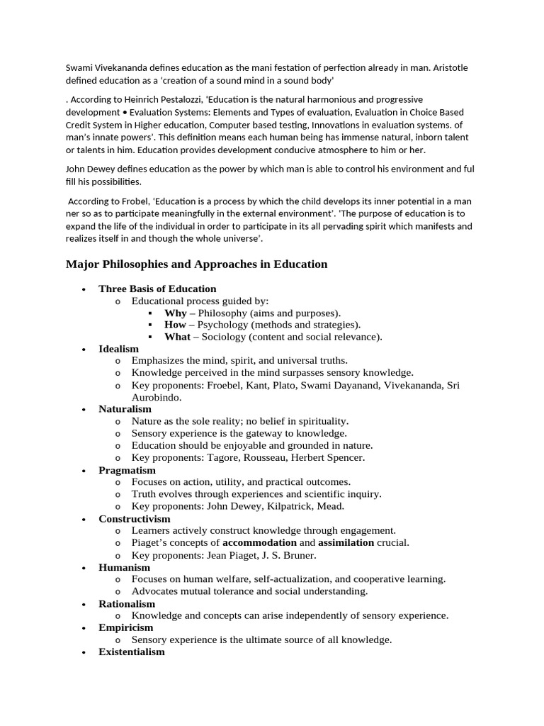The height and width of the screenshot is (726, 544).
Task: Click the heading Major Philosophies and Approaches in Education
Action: point(196,264)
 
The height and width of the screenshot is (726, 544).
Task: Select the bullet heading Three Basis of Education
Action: point(157,289)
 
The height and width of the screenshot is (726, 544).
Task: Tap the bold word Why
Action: point(175,313)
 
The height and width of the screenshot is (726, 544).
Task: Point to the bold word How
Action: point(175,325)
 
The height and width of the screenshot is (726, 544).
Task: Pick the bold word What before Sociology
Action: point(176,337)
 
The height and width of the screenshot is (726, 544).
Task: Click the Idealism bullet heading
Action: point(119,349)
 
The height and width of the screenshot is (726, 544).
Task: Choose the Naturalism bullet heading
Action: point(125,409)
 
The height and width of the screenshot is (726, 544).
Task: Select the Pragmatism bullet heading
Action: point(127,470)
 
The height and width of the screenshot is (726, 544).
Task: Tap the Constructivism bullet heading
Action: point(135,519)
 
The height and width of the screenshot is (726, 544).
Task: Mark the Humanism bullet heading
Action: point(124,567)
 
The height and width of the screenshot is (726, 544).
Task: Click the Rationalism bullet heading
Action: point(127,603)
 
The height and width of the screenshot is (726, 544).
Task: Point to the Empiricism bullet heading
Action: point(125,627)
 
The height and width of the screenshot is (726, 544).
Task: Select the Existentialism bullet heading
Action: point(132,652)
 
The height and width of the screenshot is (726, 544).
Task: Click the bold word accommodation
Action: point(259,543)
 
